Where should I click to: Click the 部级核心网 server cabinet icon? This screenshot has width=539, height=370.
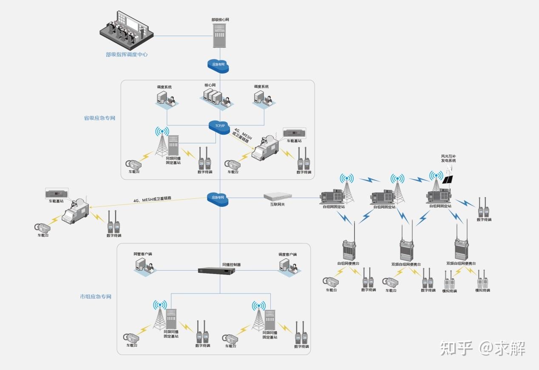point(219,36)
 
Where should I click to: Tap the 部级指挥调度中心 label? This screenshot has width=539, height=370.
point(127,55)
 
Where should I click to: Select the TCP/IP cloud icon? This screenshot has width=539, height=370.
point(219,126)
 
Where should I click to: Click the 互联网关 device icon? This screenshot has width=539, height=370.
point(278,196)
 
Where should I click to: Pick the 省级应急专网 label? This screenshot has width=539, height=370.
point(99,118)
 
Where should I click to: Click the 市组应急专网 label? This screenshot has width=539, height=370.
point(96,297)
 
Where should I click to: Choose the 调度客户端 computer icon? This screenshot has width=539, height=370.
point(287,265)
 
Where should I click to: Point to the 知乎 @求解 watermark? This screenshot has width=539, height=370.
point(483,348)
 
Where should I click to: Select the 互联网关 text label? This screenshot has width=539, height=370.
point(278,204)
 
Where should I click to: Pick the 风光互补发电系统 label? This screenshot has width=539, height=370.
point(448,159)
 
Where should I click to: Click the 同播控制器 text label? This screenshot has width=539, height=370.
point(231,264)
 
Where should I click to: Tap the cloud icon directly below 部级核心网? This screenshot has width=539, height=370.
point(218,65)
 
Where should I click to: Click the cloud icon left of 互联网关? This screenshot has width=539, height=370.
point(218,198)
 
